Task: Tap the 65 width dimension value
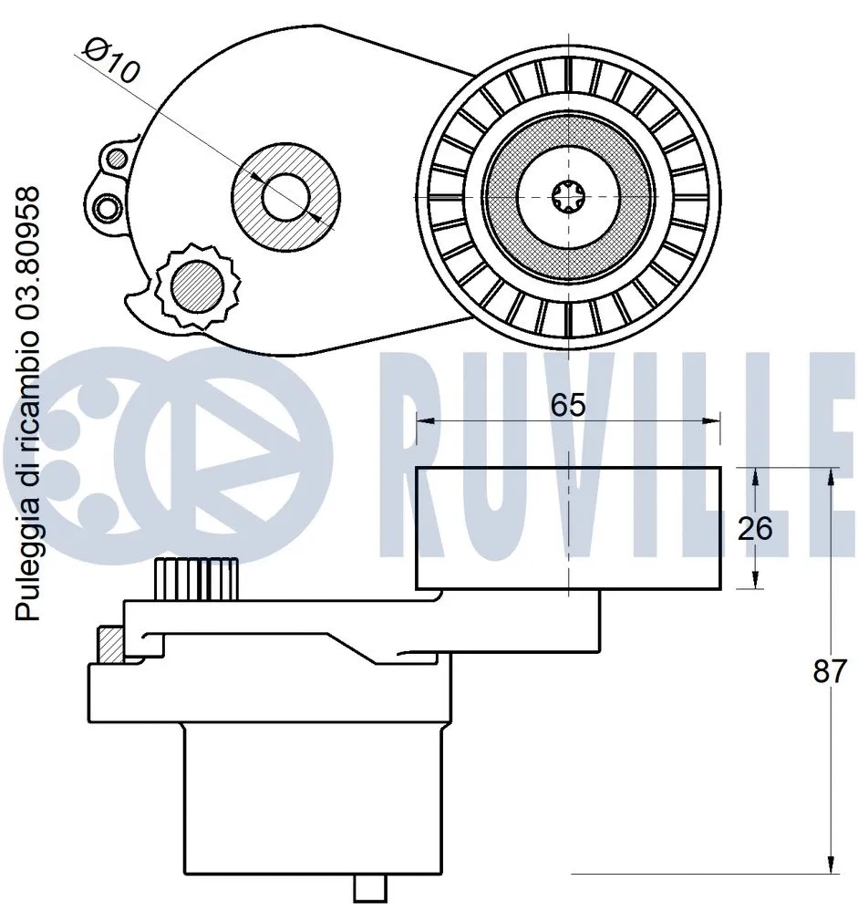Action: tap(567, 405)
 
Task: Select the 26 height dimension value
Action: tap(754, 528)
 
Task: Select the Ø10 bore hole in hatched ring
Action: tap(286, 195)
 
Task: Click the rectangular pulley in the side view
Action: tap(568, 528)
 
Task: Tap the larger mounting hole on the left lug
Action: tap(109, 208)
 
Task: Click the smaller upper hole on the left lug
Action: tap(115, 159)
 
